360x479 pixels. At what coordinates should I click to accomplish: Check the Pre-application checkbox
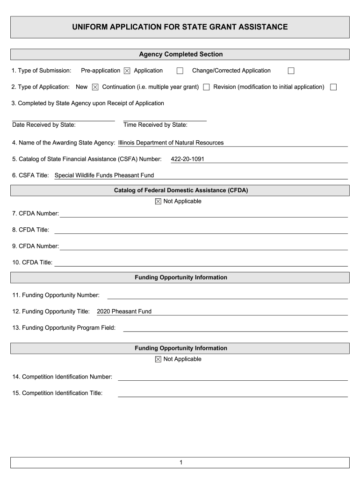point(127,71)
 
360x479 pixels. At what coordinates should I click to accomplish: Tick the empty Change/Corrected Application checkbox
point(291,71)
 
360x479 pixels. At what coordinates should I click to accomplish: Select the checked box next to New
point(95,87)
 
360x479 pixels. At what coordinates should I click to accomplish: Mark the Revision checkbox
point(333,87)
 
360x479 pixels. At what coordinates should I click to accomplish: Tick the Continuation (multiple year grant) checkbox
point(206,87)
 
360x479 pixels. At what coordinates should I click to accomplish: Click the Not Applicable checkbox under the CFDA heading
point(158,202)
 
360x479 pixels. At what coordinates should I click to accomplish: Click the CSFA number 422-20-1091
point(187,159)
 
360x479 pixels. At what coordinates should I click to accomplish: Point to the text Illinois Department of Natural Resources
point(171,143)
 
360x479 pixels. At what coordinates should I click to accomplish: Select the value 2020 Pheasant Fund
point(124,311)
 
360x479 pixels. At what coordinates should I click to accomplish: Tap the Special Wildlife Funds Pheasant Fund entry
point(104,175)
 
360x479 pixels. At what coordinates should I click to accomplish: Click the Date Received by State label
point(44,125)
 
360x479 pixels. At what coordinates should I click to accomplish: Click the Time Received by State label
point(155,125)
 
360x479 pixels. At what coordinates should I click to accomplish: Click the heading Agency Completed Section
point(180,54)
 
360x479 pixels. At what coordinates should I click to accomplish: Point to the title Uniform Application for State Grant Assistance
point(180,27)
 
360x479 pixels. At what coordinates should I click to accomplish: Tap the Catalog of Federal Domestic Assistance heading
point(180,190)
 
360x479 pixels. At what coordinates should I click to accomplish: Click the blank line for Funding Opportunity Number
point(227,295)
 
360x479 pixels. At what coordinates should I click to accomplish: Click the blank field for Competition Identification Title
point(232,393)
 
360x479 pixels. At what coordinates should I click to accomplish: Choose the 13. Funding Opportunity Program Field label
point(64,327)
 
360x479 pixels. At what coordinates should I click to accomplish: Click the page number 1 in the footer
point(180,463)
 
